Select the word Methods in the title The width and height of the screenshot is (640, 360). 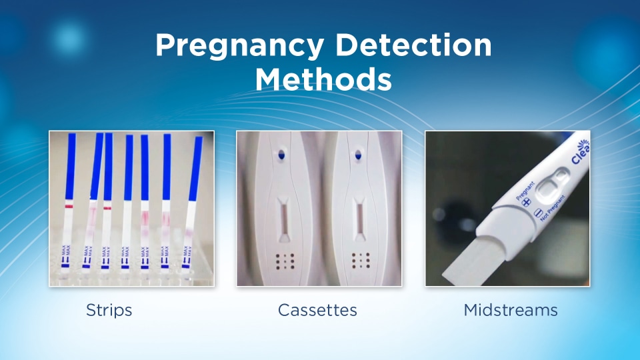coord(323,79)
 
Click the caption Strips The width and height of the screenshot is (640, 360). coord(109,310)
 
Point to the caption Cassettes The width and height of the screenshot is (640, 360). coord(317,310)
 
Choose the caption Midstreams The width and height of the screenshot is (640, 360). coord(511,310)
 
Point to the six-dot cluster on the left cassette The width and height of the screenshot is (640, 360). coord(285,259)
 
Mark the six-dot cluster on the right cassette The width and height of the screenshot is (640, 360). coord(361,259)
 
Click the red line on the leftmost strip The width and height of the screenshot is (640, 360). coord(69,207)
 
